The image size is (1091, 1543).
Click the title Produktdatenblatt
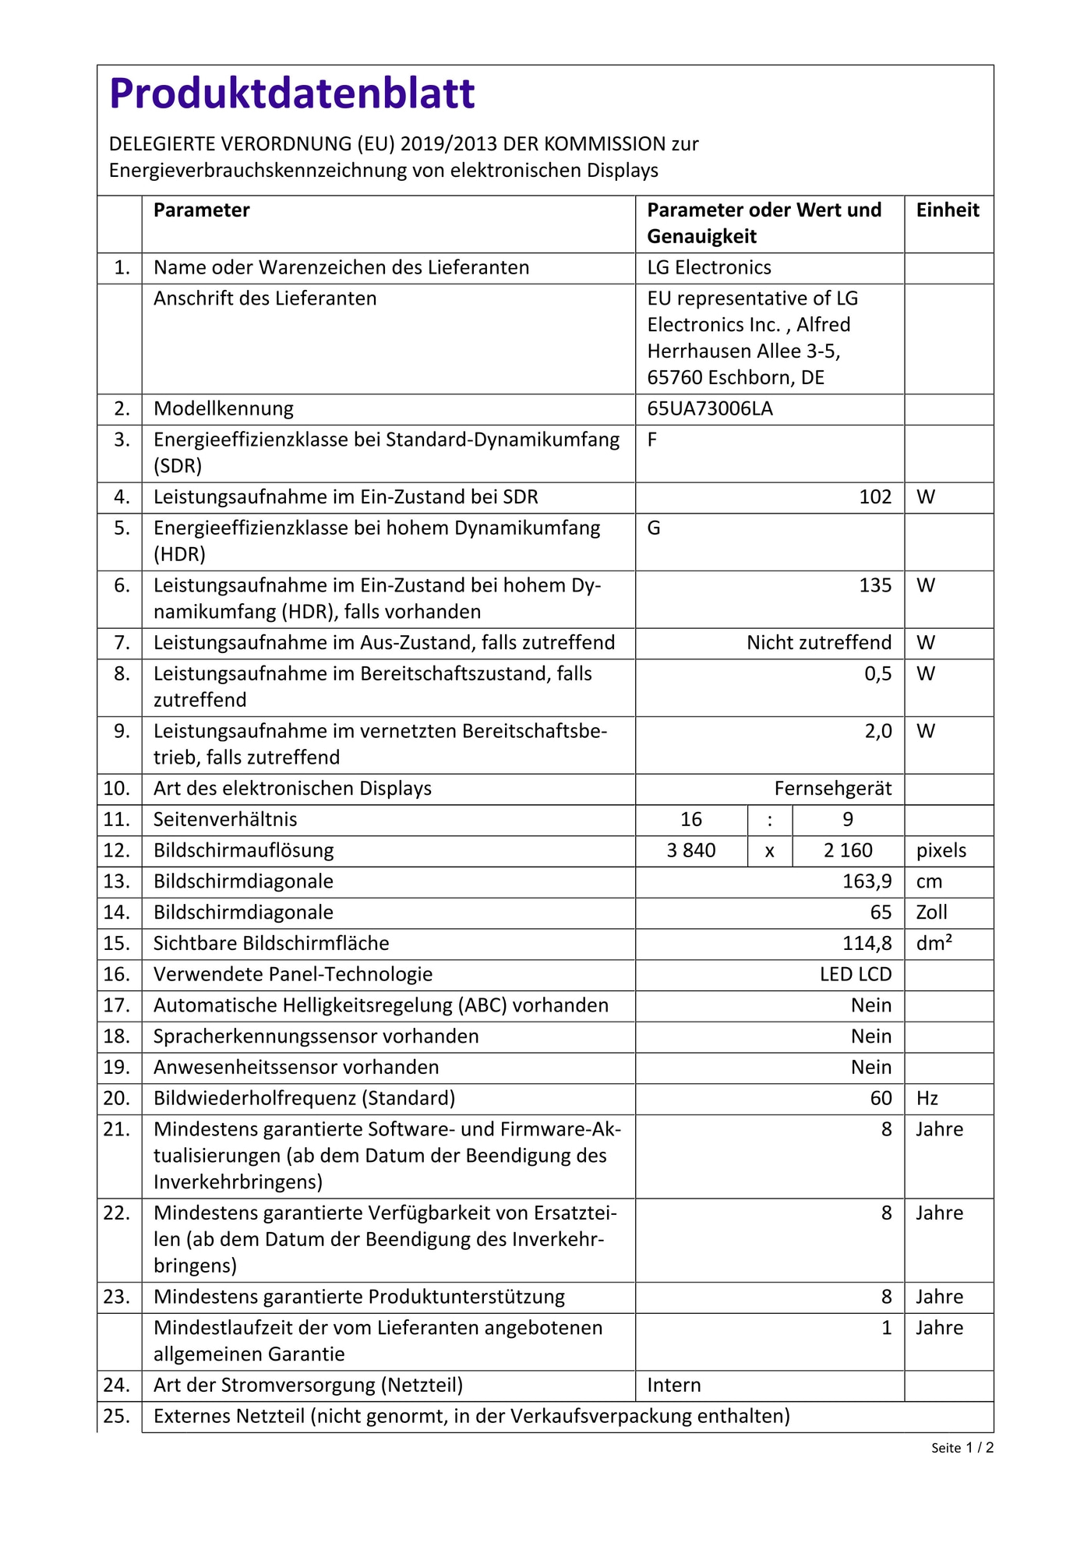coord(291,94)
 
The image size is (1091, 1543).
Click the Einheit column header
coord(948,210)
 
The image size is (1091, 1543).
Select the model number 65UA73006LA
coord(710,409)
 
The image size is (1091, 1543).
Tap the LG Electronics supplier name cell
coord(709,268)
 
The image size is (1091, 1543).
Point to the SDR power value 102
coord(875,497)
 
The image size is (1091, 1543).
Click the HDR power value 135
coord(875,585)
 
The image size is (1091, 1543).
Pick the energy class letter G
coord(654,528)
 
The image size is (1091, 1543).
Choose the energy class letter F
coord(652,440)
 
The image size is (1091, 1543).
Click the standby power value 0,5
coord(878,674)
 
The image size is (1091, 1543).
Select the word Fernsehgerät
coord(833,789)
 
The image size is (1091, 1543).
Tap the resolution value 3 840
coord(691,851)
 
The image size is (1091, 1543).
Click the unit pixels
coord(941,851)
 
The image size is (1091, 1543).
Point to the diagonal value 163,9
coord(867,882)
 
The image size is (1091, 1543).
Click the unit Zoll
coord(932,913)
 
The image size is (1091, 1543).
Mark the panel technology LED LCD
coord(856,975)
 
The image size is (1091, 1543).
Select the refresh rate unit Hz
coord(927,1099)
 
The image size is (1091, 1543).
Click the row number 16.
coord(117,975)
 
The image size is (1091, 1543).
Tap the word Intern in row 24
coord(674,1386)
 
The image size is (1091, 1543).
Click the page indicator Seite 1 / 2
coord(962,1448)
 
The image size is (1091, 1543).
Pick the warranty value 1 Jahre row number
coord(887,1328)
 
